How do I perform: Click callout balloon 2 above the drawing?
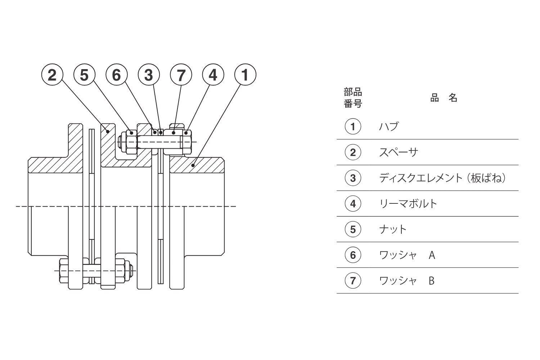(x=52, y=75)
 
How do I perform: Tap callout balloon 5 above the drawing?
(x=84, y=75)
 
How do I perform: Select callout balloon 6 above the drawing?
(x=117, y=75)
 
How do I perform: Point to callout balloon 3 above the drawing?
(x=149, y=75)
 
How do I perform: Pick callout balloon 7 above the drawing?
(x=181, y=75)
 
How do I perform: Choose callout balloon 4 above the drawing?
(x=213, y=75)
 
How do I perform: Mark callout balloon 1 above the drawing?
(x=246, y=75)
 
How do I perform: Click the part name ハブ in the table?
(x=388, y=126)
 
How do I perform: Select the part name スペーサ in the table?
(x=398, y=152)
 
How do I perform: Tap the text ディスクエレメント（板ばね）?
(x=442, y=178)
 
